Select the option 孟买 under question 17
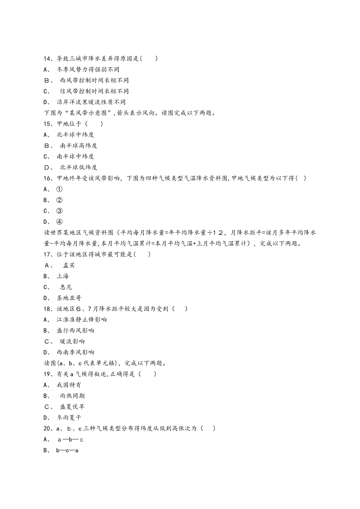69,265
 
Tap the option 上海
63,276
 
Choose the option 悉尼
66,287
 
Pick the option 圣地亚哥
69,298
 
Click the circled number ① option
59,189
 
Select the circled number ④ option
59,222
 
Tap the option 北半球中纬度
75,135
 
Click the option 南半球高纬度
78,146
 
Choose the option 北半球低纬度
78,167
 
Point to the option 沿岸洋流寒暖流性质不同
91,102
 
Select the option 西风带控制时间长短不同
94,80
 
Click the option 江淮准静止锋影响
81,320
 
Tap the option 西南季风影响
75,352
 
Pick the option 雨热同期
72,396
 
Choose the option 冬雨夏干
69,418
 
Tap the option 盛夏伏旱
72,407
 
